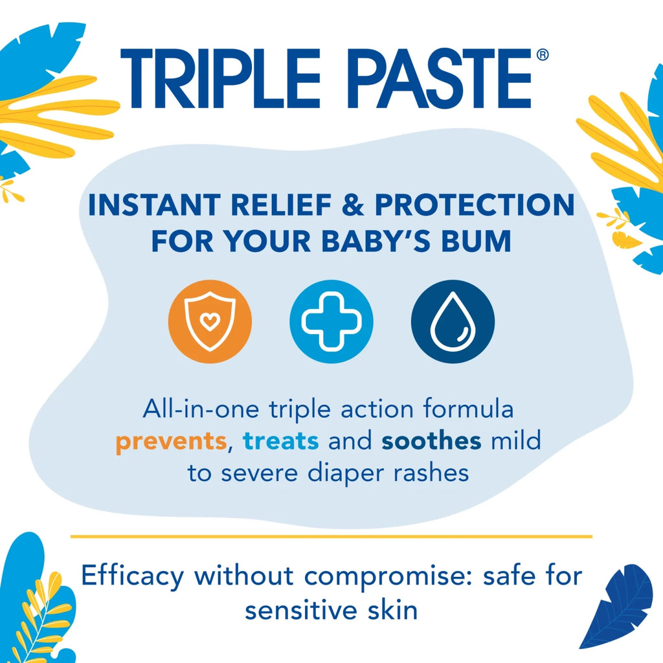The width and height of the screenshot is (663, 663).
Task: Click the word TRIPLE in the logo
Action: (220, 78)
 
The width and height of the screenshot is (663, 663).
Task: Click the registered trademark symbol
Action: (543, 55)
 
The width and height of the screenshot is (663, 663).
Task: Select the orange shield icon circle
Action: (210, 321)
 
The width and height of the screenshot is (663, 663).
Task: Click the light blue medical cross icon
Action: (331, 321)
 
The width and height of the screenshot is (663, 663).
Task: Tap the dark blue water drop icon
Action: (453, 321)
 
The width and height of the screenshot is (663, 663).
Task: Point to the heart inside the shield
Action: (210, 321)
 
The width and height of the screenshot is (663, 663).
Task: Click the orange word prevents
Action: (171, 442)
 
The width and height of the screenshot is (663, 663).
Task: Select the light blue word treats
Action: (281, 440)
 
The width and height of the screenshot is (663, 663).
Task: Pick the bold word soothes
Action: (431, 440)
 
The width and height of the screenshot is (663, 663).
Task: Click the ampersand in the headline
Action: (353, 205)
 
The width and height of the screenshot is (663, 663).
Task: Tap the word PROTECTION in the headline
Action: (475, 205)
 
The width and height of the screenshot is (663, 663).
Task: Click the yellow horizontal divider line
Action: (331, 537)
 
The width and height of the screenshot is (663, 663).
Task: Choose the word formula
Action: (469, 409)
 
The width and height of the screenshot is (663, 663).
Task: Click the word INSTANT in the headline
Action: (154, 205)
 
